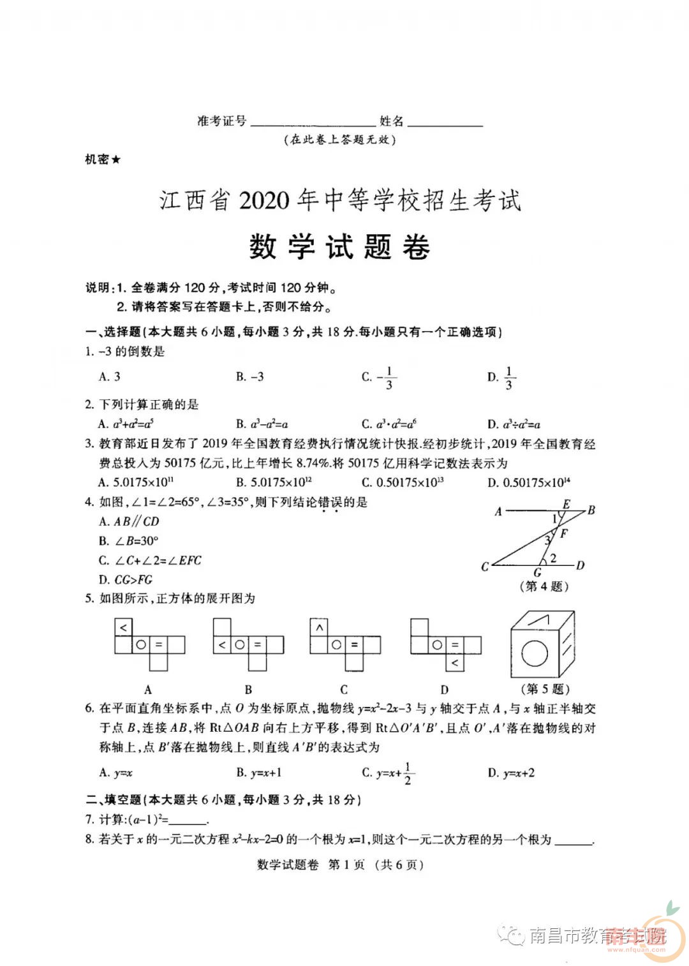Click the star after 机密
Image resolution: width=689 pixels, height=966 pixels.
click(x=115, y=160)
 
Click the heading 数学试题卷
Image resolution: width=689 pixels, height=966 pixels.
click(x=339, y=247)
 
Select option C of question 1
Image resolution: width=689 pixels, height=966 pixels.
click(x=380, y=377)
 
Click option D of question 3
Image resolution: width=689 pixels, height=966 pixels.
click(x=529, y=482)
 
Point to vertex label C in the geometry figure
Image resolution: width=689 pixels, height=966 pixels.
click(x=485, y=567)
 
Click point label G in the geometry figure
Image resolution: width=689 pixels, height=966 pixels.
click(x=537, y=573)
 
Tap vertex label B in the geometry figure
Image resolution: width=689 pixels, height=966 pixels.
click(x=591, y=510)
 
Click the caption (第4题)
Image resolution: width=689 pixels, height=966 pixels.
click(x=544, y=586)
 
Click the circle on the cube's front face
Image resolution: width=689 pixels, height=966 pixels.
click(x=535, y=653)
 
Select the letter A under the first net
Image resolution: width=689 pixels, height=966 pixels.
click(x=148, y=690)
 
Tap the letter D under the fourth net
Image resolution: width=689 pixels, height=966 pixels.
click(x=445, y=690)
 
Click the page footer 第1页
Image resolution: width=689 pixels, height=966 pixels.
click(x=346, y=865)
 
